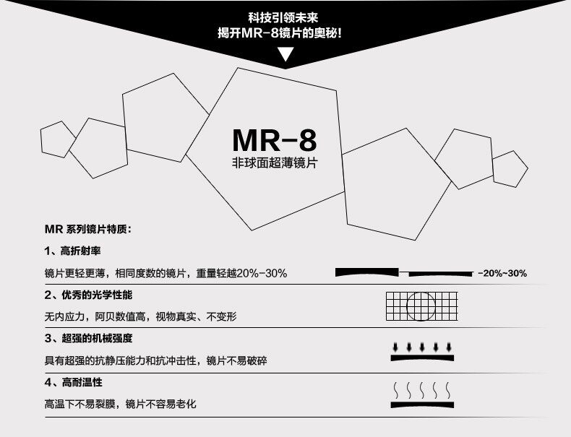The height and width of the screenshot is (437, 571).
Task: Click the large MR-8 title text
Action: tap(275, 139)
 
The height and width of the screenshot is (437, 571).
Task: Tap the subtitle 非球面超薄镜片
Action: tap(275, 165)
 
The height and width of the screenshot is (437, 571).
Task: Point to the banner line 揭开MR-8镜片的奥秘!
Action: tap(286, 33)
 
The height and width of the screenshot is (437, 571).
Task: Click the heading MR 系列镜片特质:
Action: tap(87, 230)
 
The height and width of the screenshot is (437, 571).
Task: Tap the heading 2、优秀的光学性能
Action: tap(89, 295)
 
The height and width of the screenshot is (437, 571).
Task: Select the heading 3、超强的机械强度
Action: tap(89, 337)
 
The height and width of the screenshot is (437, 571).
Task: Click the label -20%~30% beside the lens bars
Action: tap(502, 274)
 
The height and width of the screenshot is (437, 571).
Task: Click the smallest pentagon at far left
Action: tap(58, 139)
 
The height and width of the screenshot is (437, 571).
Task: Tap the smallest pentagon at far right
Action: tap(510, 168)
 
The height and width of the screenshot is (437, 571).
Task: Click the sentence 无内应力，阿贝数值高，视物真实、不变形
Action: tap(141, 316)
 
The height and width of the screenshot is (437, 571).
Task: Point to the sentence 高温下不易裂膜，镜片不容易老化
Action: tap(120, 404)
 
